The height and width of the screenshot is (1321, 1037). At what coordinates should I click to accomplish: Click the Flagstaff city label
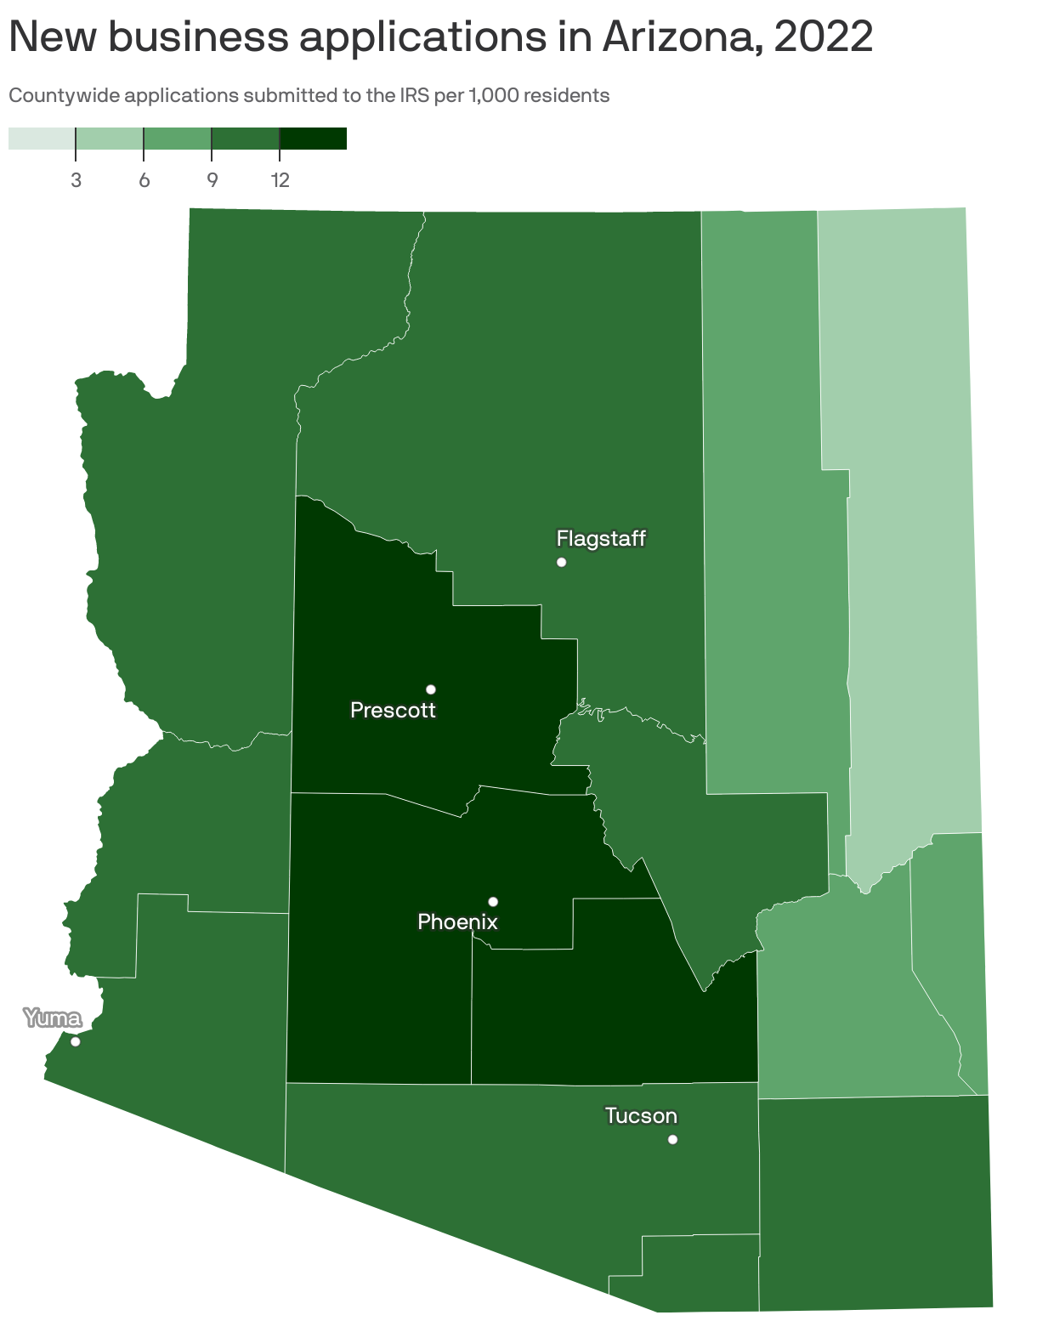pyautogui.click(x=601, y=538)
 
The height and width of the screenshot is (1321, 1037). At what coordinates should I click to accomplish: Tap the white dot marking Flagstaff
pyautogui.click(x=561, y=562)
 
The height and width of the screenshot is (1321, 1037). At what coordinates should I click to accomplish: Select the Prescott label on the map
pyautogui.click(x=393, y=710)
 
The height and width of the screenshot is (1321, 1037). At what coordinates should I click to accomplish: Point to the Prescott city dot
pyautogui.click(x=431, y=689)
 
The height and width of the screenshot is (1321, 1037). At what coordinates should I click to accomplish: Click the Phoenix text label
pyautogui.click(x=457, y=921)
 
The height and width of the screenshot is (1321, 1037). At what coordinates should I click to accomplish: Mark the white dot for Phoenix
pyautogui.click(x=493, y=901)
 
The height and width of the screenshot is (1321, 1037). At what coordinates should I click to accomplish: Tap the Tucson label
pyautogui.click(x=641, y=1115)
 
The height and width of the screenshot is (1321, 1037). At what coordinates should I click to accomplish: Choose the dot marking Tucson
pyautogui.click(x=672, y=1139)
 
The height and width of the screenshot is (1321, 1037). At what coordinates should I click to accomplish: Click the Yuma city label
pyautogui.click(x=53, y=1018)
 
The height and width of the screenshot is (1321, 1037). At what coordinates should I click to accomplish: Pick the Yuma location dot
pyautogui.click(x=75, y=1041)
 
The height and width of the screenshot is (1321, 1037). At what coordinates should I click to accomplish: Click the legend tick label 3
pyautogui.click(x=76, y=180)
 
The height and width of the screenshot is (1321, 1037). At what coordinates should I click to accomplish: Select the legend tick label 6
pyautogui.click(x=144, y=180)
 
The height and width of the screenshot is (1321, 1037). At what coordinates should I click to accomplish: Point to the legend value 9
pyautogui.click(x=212, y=180)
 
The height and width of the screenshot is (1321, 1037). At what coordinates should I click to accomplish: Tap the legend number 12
pyautogui.click(x=280, y=180)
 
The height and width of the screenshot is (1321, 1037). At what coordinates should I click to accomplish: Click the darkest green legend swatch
pyautogui.click(x=313, y=139)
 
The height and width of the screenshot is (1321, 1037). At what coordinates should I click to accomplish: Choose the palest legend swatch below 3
pyautogui.click(x=42, y=139)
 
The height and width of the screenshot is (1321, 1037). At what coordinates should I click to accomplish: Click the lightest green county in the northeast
pyautogui.click(x=909, y=510)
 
